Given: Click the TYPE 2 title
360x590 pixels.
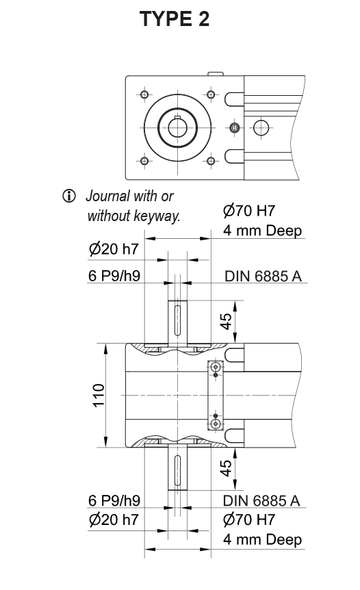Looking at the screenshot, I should click(x=175, y=19).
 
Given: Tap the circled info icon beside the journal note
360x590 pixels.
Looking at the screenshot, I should click(x=68, y=196).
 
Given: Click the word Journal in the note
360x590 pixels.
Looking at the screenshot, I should click(x=106, y=196).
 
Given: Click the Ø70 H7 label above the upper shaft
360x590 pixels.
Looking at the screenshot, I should click(x=249, y=211).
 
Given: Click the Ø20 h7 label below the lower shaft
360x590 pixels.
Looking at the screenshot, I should click(x=114, y=520).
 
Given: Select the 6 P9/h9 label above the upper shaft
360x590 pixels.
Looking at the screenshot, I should click(x=114, y=277).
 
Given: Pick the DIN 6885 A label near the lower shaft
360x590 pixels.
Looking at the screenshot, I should click(x=261, y=500).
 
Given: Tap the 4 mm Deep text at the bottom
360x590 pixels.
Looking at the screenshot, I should click(x=262, y=539).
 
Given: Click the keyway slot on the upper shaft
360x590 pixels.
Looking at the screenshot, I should click(x=177, y=320).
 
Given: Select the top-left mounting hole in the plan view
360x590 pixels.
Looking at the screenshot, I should click(x=144, y=94).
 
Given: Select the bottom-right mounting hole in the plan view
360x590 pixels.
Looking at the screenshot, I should click(x=211, y=161).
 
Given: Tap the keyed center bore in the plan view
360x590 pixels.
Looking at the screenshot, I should click(x=177, y=127).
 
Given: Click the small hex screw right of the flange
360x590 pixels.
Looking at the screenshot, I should click(x=235, y=127).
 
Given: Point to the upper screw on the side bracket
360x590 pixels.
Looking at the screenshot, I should click(x=216, y=368).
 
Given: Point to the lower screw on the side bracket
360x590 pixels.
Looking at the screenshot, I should click(x=216, y=422).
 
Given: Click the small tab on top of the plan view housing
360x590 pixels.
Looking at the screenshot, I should click(x=215, y=73).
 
